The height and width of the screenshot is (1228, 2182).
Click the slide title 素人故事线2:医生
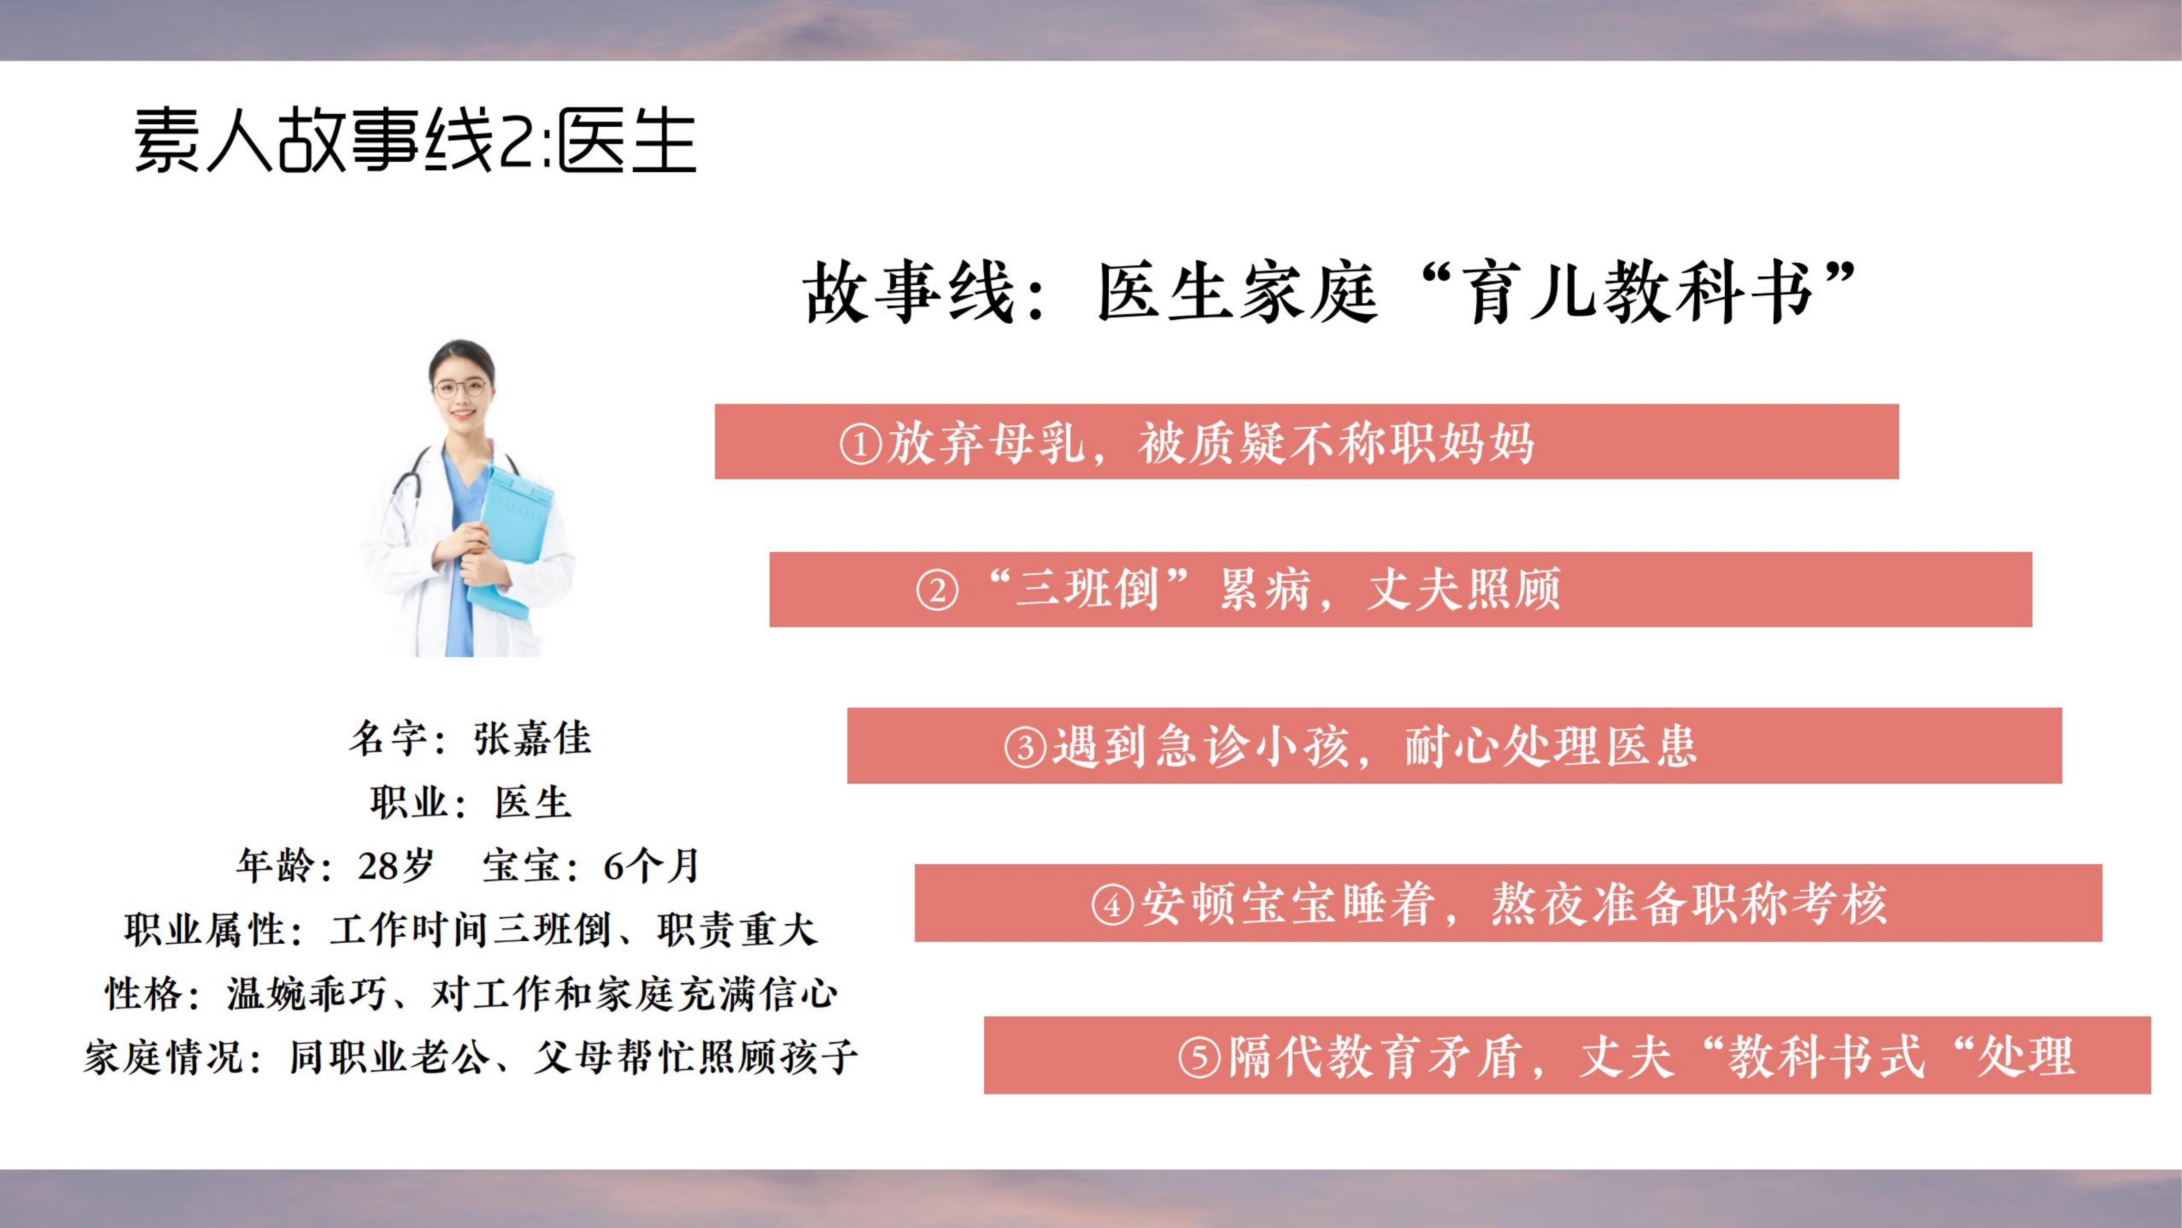click(x=415, y=141)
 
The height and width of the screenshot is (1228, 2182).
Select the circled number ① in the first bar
click(x=861, y=443)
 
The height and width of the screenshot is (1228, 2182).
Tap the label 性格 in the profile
click(x=143, y=993)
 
